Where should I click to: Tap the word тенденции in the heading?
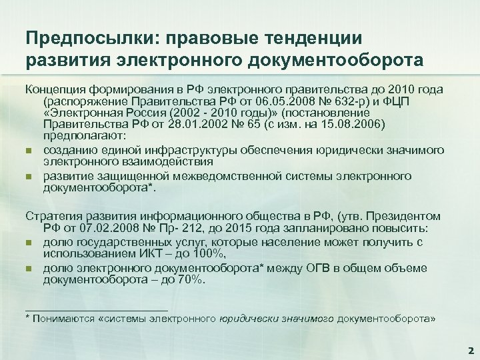click(319, 38)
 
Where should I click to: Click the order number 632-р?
click(326, 103)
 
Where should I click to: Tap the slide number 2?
click(470, 350)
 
